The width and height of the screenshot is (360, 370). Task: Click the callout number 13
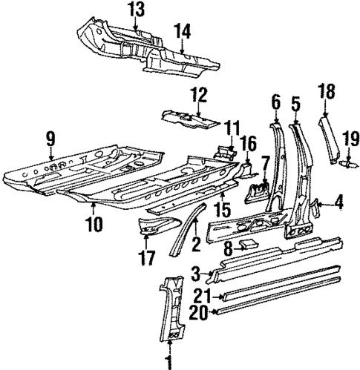[x=135, y=10]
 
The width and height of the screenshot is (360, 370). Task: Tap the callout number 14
[x=183, y=31]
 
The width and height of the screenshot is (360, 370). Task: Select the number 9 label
[x=50, y=137]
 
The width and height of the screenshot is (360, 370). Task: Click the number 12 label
[x=197, y=94]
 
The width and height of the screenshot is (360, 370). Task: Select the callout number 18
[x=324, y=91]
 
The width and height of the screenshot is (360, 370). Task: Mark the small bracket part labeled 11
[x=225, y=151]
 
